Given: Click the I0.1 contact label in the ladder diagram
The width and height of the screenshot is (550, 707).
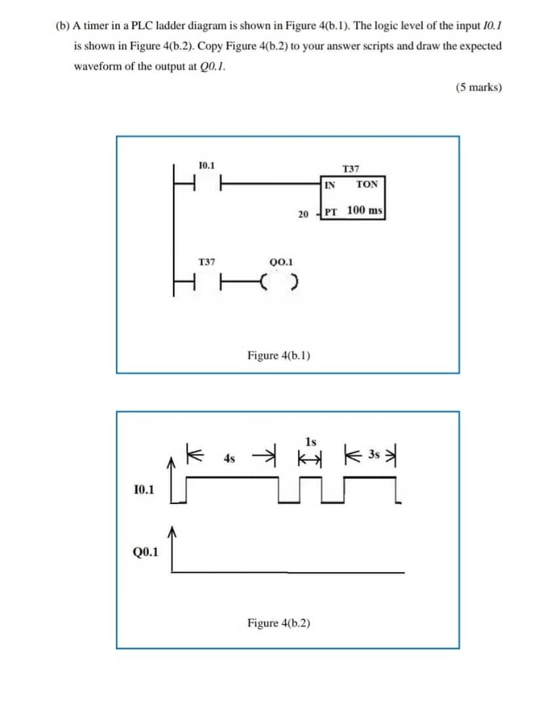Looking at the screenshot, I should pos(206,166).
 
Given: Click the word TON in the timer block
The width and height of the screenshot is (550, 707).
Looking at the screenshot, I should pos(367,185).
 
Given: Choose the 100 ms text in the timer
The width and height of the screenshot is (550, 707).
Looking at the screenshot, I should pos(365,211).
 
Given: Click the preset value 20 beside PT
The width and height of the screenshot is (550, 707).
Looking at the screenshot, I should pos(302,214).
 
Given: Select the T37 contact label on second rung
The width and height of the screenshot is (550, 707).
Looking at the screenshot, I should pos(206,262).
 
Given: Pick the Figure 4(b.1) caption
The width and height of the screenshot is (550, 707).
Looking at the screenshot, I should pos(279,355).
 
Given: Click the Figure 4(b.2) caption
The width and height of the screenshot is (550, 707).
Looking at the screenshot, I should pos(279,623).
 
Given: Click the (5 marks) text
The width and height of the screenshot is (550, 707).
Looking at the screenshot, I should pos(479,87).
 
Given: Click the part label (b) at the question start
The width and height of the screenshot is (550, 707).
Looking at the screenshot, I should pos(62,26).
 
